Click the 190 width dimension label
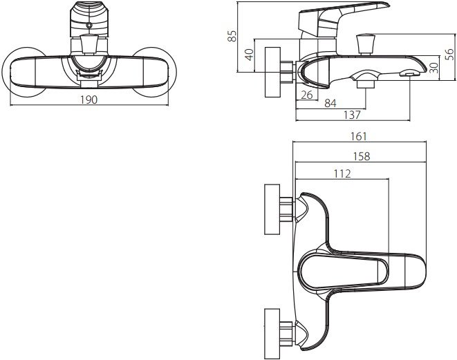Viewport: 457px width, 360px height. point(89,100)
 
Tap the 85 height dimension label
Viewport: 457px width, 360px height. point(232,36)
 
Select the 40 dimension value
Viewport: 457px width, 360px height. point(250,55)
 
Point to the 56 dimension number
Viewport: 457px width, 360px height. point(449,55)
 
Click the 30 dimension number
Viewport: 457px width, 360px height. point(434,68)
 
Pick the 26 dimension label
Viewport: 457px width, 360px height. point(306,95)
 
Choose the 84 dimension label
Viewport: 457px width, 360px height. point(330,103)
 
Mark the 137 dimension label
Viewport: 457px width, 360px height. point(352,115)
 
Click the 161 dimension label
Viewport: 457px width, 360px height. point(358,136)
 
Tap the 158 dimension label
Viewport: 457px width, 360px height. point(362,156)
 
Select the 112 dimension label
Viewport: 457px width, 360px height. point(342,173)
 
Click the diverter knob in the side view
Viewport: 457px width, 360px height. point(366,44)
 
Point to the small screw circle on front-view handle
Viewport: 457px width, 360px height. point(89,26)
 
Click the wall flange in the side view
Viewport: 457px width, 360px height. point(273,72)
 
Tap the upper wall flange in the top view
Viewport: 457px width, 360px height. point(272,209)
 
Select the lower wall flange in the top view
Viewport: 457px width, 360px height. point(272,334)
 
